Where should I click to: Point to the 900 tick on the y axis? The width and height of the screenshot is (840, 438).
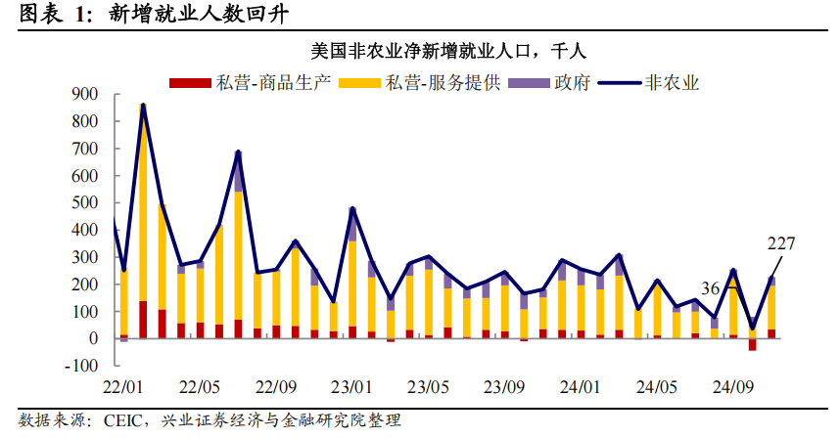point(85,94)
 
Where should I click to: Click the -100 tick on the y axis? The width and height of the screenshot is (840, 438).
point(82,366)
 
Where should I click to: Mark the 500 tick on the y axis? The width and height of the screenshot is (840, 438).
point(85,202)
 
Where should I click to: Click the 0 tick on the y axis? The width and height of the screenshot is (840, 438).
point(93,338)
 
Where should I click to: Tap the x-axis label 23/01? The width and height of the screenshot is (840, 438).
point(351,386)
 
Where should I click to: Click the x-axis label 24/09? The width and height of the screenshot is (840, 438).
point(731,386)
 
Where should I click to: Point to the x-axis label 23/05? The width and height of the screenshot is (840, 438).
point(428,386)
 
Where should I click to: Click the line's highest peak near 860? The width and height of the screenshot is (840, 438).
point(143,105)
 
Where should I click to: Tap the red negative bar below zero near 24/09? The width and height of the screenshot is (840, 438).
point(752,343)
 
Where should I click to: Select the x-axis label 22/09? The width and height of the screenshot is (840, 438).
point(276,386)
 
